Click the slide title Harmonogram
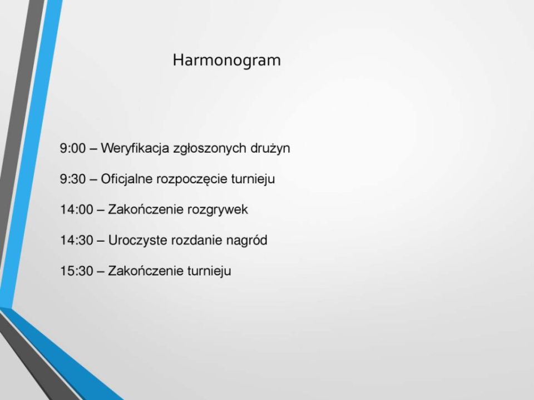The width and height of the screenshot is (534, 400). coord(226,61)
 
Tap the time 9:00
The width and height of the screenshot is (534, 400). coord(72,148)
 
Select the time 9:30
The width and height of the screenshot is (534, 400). coord(72,179)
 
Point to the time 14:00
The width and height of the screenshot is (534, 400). coord(77,209)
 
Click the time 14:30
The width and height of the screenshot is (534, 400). coord(77,240)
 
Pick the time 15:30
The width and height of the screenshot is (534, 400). coord(77,271)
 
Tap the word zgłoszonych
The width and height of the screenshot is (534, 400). coord(210,149)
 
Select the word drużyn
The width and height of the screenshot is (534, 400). coord(270,149)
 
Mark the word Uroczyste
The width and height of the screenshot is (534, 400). coord(137,241)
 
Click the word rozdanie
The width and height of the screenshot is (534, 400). coord(196,240)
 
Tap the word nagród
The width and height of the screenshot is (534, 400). coord(246,241)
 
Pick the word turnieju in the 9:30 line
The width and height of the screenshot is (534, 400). coord(253,179)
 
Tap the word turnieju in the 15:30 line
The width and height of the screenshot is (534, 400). coord(209,271)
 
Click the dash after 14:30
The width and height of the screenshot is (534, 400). coord(101,241)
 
